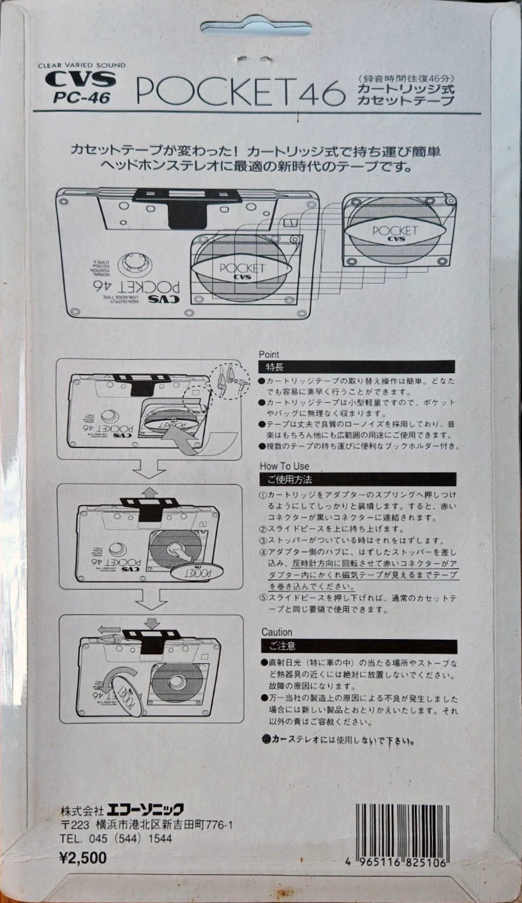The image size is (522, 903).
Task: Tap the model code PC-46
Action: point(82,97)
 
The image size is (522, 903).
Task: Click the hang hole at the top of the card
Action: point(256,27)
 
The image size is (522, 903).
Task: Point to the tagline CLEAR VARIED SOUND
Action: point(82,66)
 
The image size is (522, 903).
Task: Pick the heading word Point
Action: point(269,355)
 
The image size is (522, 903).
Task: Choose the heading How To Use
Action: point(284,466)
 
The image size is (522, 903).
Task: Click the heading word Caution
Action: point(277,632)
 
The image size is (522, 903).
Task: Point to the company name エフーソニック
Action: point(149,809)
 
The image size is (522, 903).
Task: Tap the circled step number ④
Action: point(263,552)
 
